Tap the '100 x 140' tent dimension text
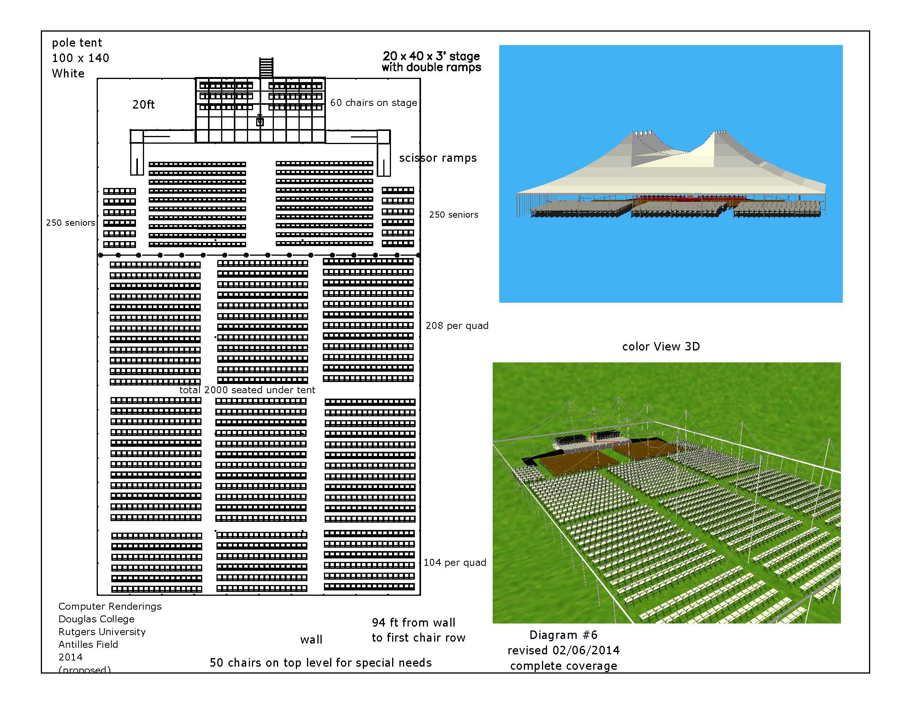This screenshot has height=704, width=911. click(x=81, y=59)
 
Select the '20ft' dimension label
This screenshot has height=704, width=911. click(x=144, y=105)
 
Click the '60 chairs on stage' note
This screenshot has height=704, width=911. click(x=373, y=102)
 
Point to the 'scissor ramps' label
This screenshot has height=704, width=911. click(x=438, y=158)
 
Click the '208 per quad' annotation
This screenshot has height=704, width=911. click(x=457, y=326)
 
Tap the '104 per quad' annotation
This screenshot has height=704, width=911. click(x=455, y=563)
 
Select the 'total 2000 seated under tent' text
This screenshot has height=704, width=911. click(x=247, y=390)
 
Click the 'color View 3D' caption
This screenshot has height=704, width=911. click(x=661, y=347)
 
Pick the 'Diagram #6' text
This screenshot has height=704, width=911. click(x=563, y=635)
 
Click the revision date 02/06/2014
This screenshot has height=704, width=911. click(x=586, y=650)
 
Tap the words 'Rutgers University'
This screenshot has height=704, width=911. click(x=102, y=632)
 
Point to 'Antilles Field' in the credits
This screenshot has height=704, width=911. click(x=88, y=644)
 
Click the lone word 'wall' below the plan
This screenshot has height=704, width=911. click(x=311, y=640)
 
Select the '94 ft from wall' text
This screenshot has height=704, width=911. click(x=413, y=623)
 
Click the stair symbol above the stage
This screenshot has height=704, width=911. click(x=266, y=67)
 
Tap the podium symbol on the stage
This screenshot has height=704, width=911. click(x=260, y=121)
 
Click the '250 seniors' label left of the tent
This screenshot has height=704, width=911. click(x=70, y=223)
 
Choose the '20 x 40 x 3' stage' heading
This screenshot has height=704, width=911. click(x=431, y=56)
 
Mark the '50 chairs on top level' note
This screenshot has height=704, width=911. click(x=320, y=663)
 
